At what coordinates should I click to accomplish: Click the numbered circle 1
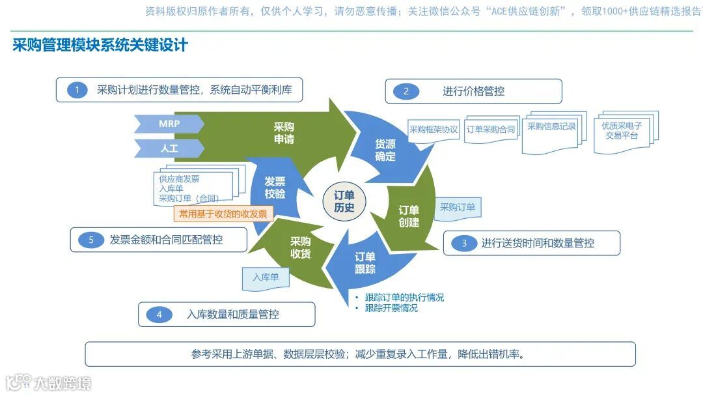77,91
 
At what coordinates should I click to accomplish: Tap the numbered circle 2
406,91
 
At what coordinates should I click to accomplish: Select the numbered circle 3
464,244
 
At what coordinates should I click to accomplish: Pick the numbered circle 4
159,315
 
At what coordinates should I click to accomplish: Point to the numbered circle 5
91,240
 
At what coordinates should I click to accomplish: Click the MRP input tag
169,123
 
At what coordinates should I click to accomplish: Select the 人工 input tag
169,148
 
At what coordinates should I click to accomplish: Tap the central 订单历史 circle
344,201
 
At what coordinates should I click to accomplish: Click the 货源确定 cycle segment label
385,150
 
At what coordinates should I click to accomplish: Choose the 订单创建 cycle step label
409,216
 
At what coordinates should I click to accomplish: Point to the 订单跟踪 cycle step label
365,262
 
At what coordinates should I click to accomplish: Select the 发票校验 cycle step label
275,188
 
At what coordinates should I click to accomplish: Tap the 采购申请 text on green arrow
284,133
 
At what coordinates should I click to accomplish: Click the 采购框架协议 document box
434,130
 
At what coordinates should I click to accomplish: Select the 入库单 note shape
265,277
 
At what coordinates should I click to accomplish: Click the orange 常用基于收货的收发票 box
223,213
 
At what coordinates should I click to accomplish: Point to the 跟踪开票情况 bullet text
391,308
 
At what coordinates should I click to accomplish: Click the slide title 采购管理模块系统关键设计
100,45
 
